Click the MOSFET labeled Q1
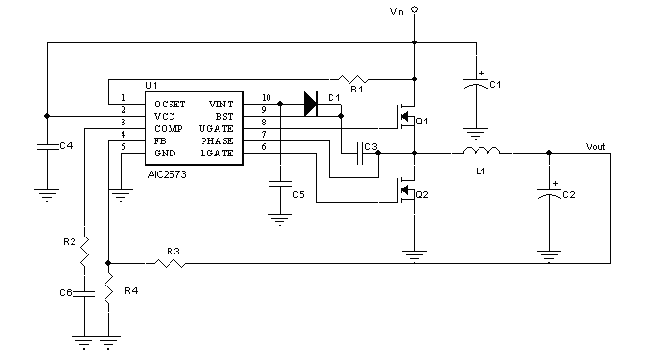tap(407, 118)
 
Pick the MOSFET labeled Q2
tap(407, 192)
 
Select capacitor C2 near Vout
tap(549, 195)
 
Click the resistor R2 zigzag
tap(84, 251)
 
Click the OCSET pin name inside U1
tap(170, 103)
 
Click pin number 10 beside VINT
tap(266, 97)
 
